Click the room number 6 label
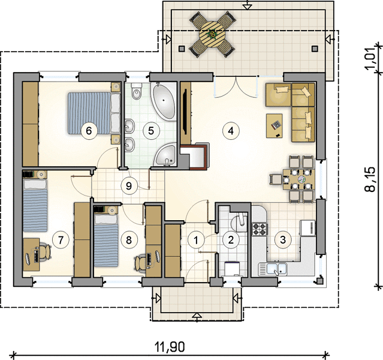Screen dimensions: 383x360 (x=89, y=131)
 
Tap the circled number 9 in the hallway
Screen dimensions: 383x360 (x=129, y=186)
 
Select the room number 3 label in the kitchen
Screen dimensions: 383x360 (x=283, y=239)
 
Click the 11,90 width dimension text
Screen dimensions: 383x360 (x=170, y=347)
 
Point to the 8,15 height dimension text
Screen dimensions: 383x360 (x=370, y=179)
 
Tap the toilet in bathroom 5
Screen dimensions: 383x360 (x=137, y=91)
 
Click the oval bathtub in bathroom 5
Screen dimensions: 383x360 (x=164, y=101)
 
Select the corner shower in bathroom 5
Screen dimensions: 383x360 (x=165, y=155)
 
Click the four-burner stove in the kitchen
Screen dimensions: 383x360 (x=260, y=229)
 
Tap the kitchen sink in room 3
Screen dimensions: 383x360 (x=273, y=269)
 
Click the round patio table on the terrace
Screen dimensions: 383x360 (x=212, y=34)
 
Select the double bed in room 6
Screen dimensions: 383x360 (x=94, y=113)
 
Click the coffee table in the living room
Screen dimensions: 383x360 (x=275, y=126)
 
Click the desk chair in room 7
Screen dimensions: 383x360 (x=45, y=251)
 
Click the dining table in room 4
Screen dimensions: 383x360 (x=299, y=179)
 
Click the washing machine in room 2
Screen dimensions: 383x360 (x=233, y=269)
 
